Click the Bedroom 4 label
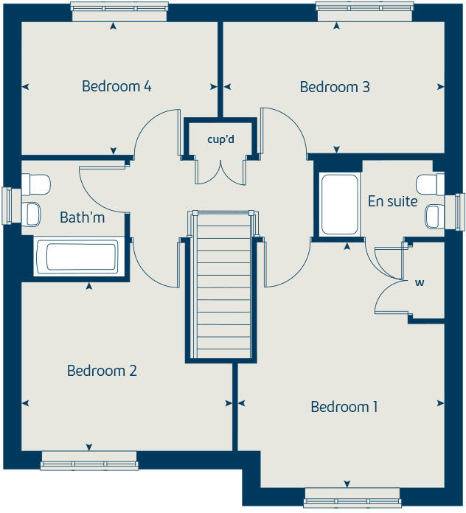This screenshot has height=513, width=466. point(116,87)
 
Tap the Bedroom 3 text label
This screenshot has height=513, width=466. point(335,88)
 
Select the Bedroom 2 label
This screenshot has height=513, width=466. point(102,371)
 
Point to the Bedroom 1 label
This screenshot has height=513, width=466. point(344,407)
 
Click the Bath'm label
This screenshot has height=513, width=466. point(82,217)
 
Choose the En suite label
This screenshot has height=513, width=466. point(392,201)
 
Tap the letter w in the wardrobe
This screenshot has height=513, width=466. point(420,282)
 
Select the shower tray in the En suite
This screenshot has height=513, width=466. point(339,204)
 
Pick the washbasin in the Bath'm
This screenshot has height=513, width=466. point(33,214)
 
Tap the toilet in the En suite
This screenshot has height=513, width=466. point(430,183)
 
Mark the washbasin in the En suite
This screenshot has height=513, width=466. point(433,216)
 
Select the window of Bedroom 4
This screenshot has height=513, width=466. point(119,7)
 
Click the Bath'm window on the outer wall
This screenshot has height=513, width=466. point(9,205)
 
